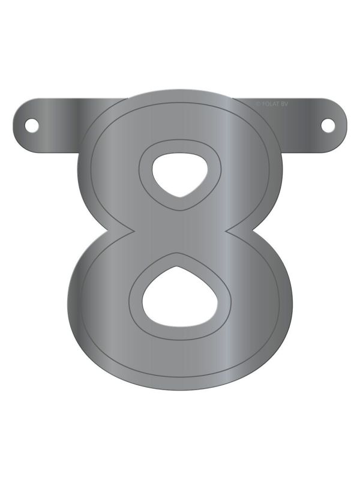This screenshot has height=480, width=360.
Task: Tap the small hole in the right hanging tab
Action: pos(328,125)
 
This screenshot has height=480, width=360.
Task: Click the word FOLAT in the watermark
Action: pos(274,104)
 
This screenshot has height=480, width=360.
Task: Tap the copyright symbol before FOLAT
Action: pos(259,104)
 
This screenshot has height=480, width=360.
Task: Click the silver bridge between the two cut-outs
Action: pos(179,231)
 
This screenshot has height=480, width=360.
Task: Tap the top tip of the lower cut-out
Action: pos(178,268)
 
